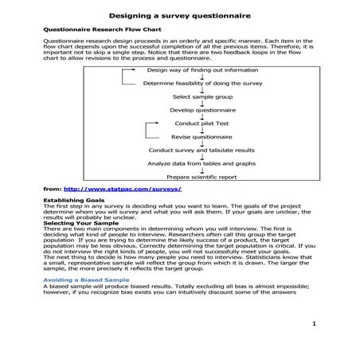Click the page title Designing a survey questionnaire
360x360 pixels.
point(179,14)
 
